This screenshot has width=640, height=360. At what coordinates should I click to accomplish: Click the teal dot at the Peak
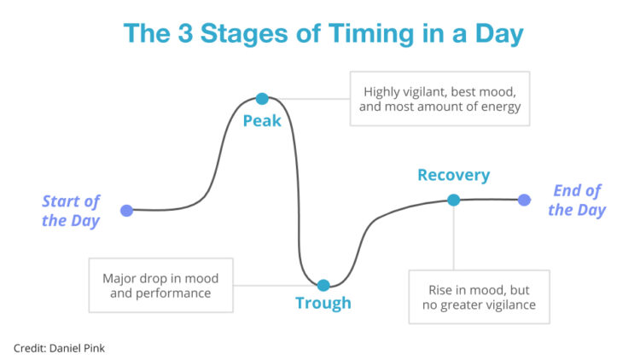pos(262,99)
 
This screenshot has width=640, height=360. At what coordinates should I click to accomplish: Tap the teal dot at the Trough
pos(323,285)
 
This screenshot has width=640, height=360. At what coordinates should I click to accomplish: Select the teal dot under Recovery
pos(453,200)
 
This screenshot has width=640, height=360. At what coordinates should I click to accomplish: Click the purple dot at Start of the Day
pos(126,210)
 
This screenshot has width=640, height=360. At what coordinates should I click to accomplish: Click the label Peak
pos(262,121)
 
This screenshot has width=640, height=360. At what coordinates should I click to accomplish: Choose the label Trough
pos(323,303)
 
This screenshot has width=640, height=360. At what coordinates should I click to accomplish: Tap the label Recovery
pos(453,176)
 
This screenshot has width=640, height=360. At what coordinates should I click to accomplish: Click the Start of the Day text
pos(71,211)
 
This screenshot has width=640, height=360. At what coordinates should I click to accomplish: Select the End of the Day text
pos(577,200)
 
